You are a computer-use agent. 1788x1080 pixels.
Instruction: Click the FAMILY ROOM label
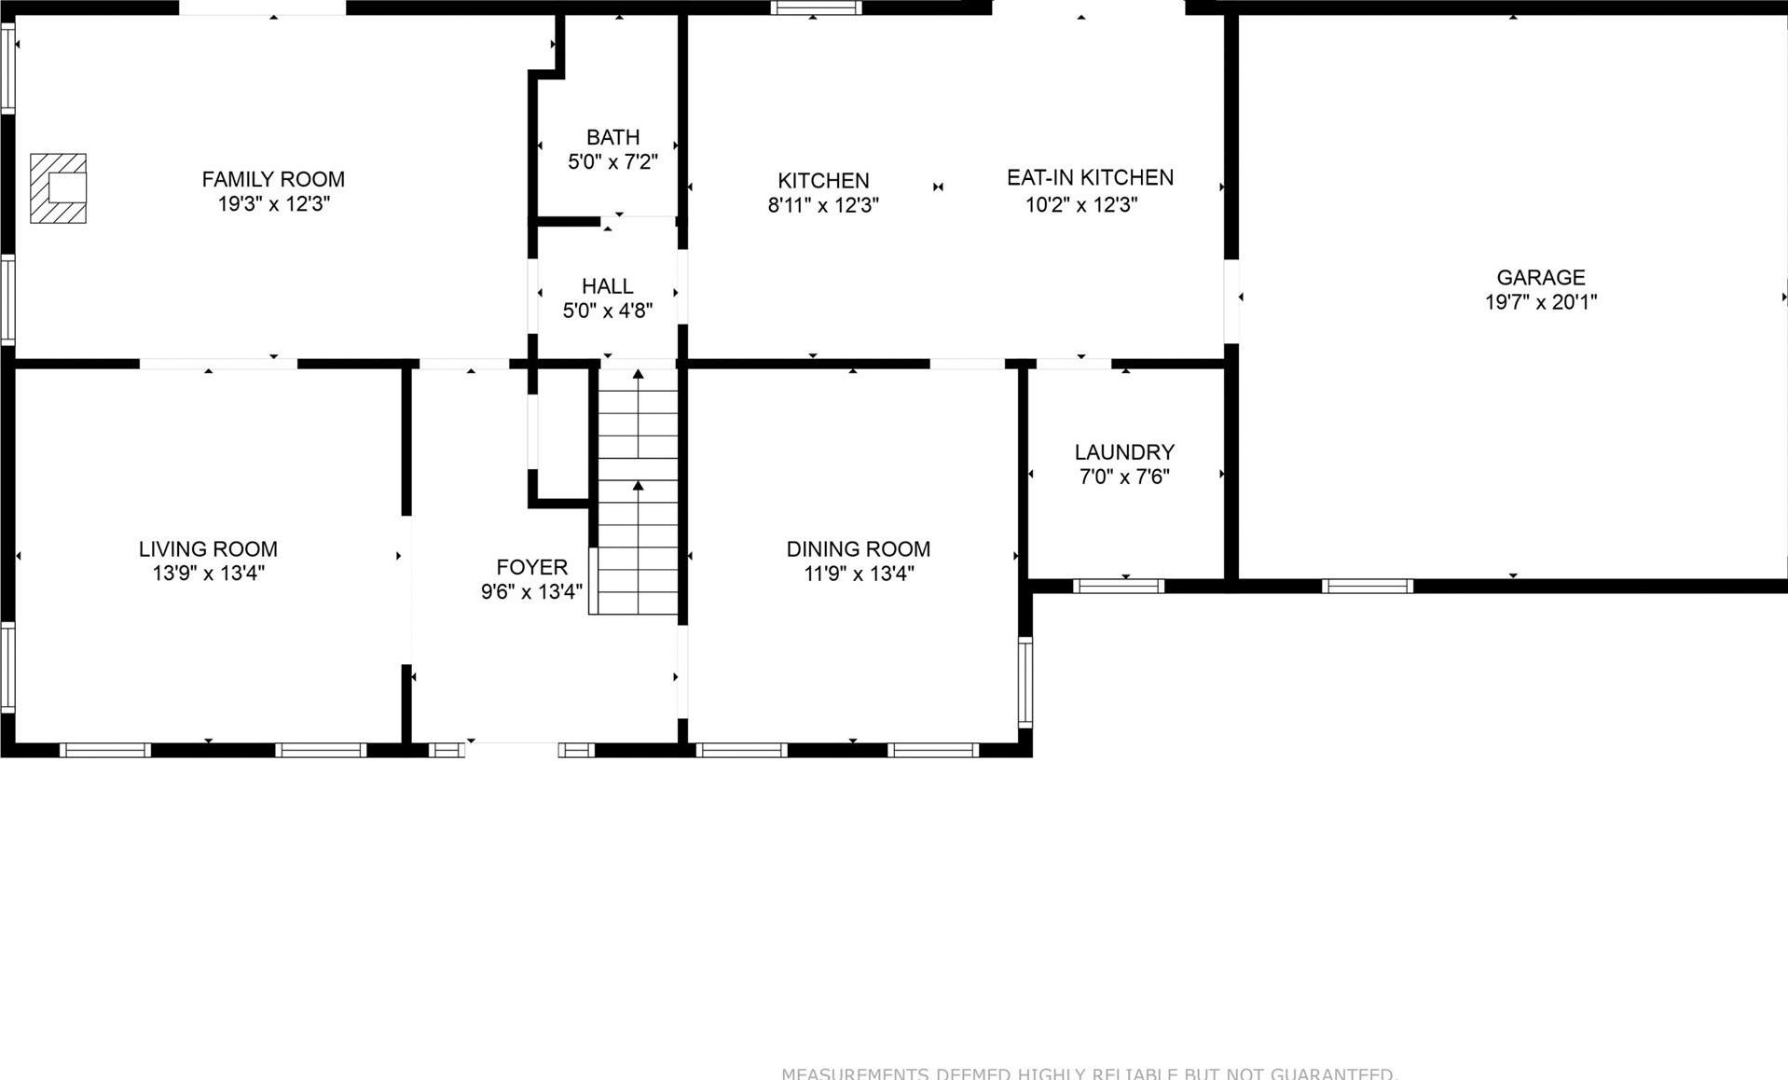click(x=273, y=179)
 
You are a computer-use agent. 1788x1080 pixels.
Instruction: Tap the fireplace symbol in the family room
click(x=59, y=188)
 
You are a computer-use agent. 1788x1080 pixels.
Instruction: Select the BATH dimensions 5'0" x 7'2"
click(x=612, y=162)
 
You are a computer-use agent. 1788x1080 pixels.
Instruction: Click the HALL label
click(x=607, y=286)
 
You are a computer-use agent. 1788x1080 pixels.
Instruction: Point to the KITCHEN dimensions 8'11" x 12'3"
click(x=823, y=205)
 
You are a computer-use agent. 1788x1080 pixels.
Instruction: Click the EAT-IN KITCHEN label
click(x=1089, y=177)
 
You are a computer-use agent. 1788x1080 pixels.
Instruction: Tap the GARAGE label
click(x=1540, y=277)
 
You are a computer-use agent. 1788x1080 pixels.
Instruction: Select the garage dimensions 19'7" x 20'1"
click(x=1540, y=302)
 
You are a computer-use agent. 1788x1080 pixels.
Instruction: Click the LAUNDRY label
click(x=1123, y=452)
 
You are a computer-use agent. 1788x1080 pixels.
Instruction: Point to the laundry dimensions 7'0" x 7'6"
click(x=1123, y=478)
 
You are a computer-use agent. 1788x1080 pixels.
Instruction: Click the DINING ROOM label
click(x=858, y=549)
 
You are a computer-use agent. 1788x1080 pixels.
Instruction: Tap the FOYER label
click(x=531, y=567)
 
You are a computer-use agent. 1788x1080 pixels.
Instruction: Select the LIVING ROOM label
click(x=208, y=549)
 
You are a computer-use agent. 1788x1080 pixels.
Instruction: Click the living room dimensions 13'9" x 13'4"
click(x=208, y=574)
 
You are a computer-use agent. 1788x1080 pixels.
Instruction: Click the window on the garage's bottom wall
click(x=1367, y=586)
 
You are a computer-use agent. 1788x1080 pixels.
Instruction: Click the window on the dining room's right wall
click(x=1025, y=682)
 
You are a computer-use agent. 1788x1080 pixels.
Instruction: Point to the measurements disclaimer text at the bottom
click(x=1088, y=1073)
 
